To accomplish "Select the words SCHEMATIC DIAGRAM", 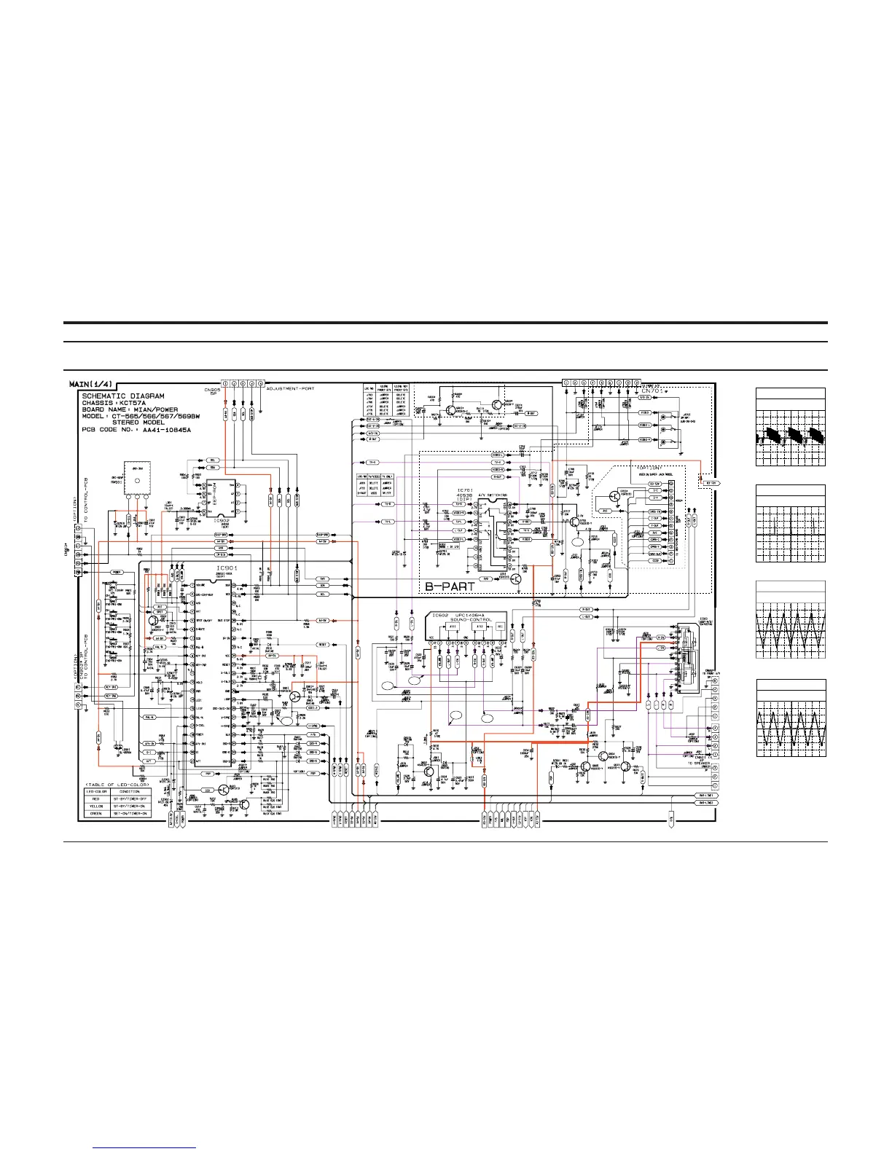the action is coord(123,396).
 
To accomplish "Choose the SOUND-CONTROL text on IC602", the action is coord(472,620).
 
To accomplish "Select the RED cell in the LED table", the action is coord(95,798).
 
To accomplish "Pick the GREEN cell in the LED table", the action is coord(95,813).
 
